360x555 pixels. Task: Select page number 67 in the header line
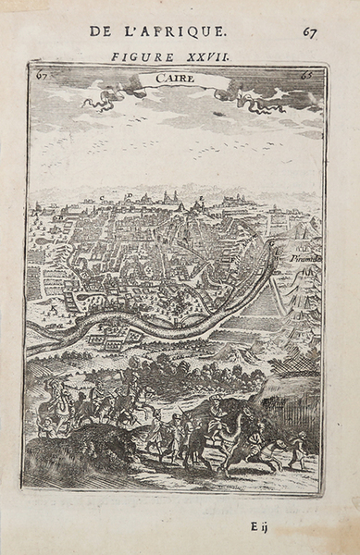[x=309, y=32]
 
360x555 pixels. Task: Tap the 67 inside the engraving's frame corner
[x=41, y=75]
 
